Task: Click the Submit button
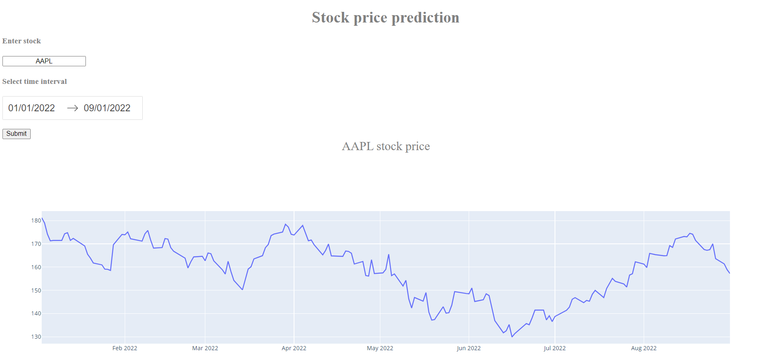[16, 134]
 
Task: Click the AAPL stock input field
[44, 61]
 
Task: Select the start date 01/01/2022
[31, 108]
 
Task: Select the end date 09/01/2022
[107, 108]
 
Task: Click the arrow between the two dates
[72, 108]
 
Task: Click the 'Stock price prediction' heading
[385, 18]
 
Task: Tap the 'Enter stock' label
[22, 41]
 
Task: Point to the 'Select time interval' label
[35, 81]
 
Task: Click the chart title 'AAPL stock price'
[386, 146]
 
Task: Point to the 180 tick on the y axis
[36, 220]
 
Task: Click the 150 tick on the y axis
[36, 290]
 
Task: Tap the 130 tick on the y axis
[36, 337]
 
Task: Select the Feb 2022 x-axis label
[125, 348]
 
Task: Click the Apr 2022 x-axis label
[294, 348]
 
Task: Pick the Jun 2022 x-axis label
[469, 348]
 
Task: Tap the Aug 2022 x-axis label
[644, 348]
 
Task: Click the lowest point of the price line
[512, 337]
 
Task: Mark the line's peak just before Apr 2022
[285, 224]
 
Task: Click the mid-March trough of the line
[243, 290]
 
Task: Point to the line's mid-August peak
[690, 234]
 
